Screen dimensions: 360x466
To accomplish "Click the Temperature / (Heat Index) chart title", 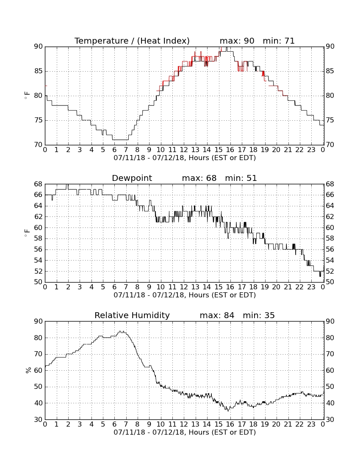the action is coord(132,41).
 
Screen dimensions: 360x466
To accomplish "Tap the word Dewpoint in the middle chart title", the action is coord(132,178).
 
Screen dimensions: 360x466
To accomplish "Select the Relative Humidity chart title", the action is coord(132,315).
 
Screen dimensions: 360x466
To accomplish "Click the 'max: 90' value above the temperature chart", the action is coord(237,41).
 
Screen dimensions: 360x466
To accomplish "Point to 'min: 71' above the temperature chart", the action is coord(279,41).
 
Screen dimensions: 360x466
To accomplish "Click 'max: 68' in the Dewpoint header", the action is coord(199,178).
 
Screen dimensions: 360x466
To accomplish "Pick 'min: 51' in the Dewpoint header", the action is coord(241,178).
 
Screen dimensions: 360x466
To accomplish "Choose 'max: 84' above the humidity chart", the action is coord(217,315).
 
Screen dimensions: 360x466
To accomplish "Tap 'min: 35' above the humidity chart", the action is coord(259,315).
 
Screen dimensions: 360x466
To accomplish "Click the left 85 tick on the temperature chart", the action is coord(39,71).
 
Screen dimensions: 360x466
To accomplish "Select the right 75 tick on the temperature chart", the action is coord(330,120).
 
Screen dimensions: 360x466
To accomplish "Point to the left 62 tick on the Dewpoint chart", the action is coord(39,216).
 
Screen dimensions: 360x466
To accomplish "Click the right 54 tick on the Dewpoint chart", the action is coord(330,261).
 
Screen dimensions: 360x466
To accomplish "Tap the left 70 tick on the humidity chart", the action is coord(39,354).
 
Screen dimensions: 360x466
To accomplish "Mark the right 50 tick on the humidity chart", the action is coord(330,387).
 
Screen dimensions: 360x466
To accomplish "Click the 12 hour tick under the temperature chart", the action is coord(184,150).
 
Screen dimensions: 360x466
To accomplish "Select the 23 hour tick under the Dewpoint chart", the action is coord(311,287).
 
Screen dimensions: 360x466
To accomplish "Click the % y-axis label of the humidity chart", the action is coord(28,370).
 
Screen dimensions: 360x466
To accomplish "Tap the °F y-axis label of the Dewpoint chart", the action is coord(27,233).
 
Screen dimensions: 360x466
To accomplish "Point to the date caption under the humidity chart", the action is coord(185,432).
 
